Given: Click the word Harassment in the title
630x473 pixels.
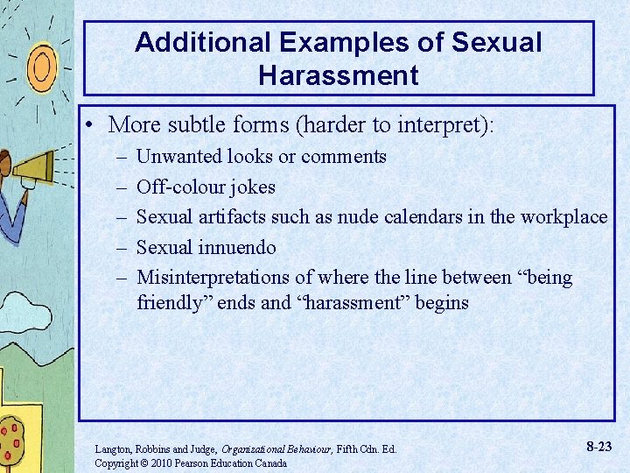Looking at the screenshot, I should (x=339, y=75).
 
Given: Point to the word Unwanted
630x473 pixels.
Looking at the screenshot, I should (x=180, y=157).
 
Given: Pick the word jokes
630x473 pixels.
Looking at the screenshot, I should (x=252, y=187).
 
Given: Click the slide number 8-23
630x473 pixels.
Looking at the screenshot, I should (x=598, y=447).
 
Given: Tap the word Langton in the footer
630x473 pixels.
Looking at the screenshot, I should (x=114, y=449).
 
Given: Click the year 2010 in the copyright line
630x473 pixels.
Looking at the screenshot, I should (x=161, y=462).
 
